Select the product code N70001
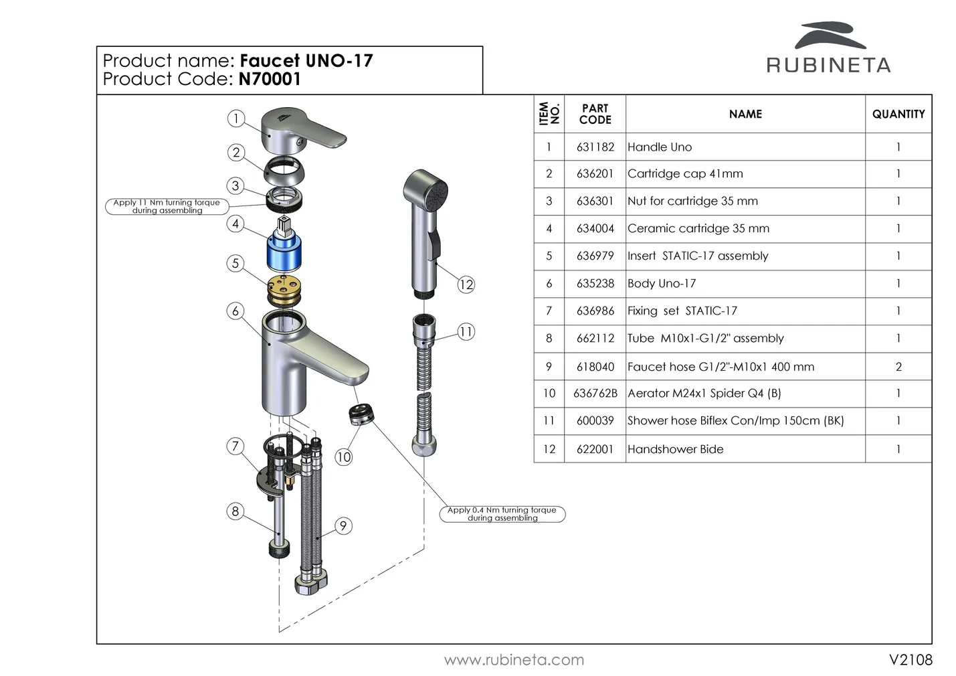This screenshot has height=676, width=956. (270, 79)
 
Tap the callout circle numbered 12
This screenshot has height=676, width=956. (466, 284)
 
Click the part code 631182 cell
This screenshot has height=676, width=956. (595, 147)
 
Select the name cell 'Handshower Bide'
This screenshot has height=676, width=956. (675, 449)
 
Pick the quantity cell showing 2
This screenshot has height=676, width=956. (898, 367)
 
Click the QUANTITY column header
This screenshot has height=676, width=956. (898, 114)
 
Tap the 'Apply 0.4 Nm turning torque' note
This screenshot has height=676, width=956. (502, 514)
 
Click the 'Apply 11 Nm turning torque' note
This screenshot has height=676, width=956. (167, 206)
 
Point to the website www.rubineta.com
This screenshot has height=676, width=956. (514, 661)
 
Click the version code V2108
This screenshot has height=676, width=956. (910, 660)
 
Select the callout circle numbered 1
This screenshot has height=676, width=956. (235, 118)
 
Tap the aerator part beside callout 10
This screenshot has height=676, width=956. (361, 414)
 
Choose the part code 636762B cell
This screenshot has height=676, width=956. (595, 394)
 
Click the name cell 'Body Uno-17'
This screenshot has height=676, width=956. (662, 284)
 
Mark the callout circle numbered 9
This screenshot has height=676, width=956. (343, 526)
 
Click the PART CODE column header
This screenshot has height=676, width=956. (595, 114)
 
